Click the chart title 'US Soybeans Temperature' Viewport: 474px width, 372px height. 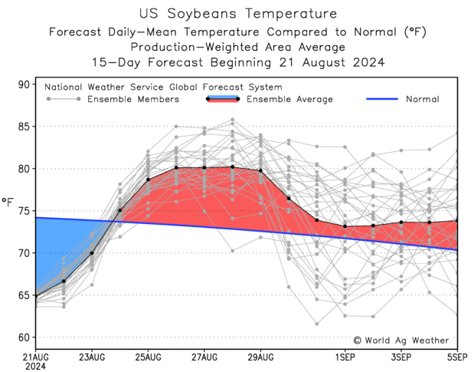click(237, 14)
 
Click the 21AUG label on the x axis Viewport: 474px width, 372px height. click(36, 357)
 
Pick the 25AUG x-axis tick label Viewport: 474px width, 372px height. click(148, 357)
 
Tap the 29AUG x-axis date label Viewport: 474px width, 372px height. click(260, 357)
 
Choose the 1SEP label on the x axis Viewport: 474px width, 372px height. click(345, 357)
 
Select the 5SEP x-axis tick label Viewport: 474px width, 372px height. click(457, 357)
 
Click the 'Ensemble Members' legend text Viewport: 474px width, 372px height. click(133, 99)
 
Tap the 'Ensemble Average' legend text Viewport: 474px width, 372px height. click(289, 99)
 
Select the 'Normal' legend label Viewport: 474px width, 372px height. click(422, 99)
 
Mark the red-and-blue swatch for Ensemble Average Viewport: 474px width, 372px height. click(223, 99)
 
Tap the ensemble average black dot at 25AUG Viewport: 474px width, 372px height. click(148, 179)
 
